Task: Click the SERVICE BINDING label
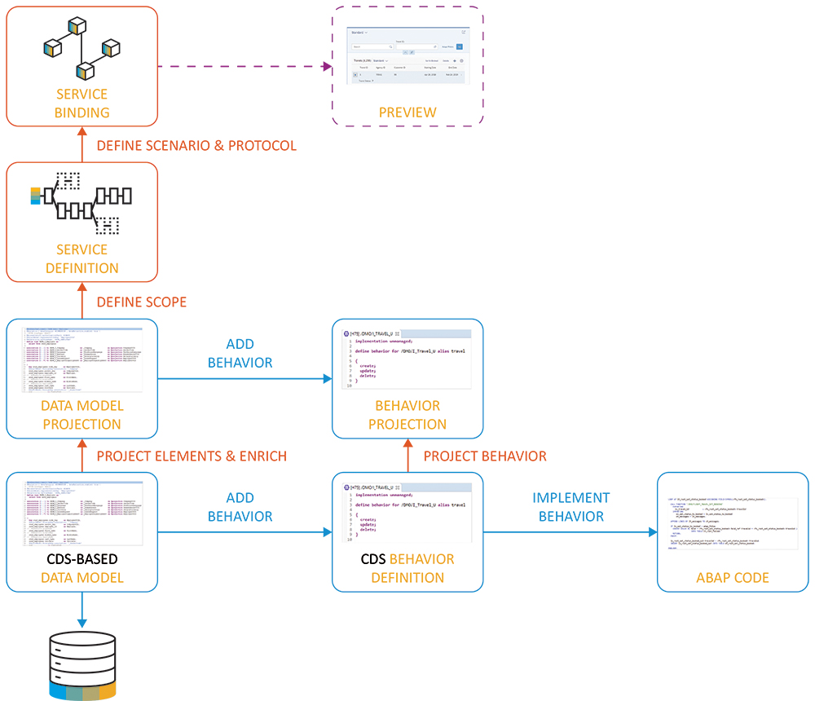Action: (x=81, y=104)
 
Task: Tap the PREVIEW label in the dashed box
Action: (x=407, y=112)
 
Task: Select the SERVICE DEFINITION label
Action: (x=81, y=258)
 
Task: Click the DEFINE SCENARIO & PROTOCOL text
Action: (x=196, y=146)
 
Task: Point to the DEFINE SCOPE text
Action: (x=141, y=302)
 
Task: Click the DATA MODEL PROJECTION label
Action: (x=81, y=414)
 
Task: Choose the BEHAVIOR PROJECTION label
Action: (x=407, y=414)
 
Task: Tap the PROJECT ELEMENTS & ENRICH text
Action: (x=192, y=456)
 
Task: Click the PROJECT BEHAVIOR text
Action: (x=485, y=456)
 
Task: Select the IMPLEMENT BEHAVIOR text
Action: (x=570, y=506)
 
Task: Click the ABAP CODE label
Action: (x=733, y=578)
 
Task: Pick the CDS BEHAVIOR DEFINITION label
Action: (x=407, y=568)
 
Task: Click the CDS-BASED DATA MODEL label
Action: (x=81, y=568)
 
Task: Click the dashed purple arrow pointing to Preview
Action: (x=244, y=66)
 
